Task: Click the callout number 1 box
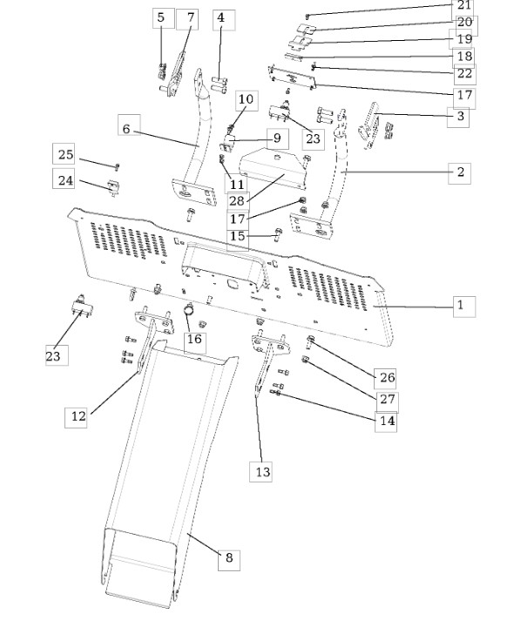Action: tap(464, 307)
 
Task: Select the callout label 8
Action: tap(229, 559)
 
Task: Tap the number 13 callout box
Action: tap(260, 471)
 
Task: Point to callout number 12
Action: tap(76, 417)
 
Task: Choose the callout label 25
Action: tap(64, 154)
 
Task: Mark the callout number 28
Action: tap(238, 200)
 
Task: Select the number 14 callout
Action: tap(386, 421)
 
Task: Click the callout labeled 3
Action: tap(458, 118)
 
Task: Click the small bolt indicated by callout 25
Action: tap(118, 166)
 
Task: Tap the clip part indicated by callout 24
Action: tap(113, 187)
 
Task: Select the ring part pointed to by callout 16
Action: tap(189, 308)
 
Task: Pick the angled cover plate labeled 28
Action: tap(274, 167)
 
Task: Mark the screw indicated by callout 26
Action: tap(310, 341)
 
